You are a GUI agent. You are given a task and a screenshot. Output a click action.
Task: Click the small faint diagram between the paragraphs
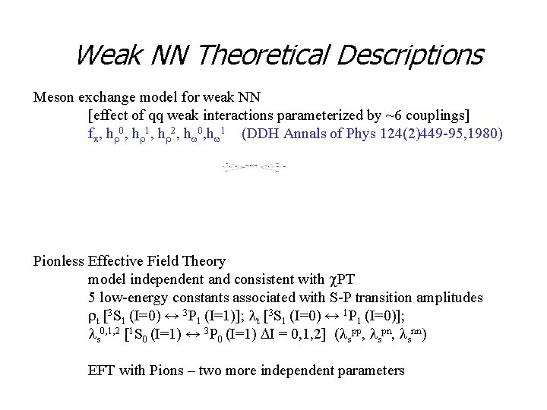pyautogui.click(x=255, y=166)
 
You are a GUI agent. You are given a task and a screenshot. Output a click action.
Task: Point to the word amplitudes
pyautogui.click(x=449, y=298)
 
